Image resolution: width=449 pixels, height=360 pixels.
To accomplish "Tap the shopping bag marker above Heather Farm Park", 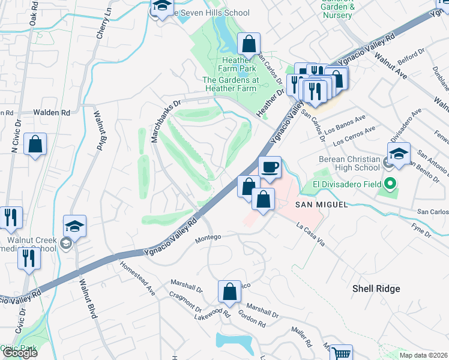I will (x=249, y=44).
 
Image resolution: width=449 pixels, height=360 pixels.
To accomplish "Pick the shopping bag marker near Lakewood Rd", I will (x=229, y=292).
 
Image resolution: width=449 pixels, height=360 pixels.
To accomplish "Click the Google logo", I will (x=20, y=353).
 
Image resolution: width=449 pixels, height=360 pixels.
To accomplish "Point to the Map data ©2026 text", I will (x=423, y=355).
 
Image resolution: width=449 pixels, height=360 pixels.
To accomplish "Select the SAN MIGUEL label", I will (x=321, y=205).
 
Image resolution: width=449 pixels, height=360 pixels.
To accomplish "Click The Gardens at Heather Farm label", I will (x=230, y=84).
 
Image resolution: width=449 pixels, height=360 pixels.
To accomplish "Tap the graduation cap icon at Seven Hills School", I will (x=161, y=7).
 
